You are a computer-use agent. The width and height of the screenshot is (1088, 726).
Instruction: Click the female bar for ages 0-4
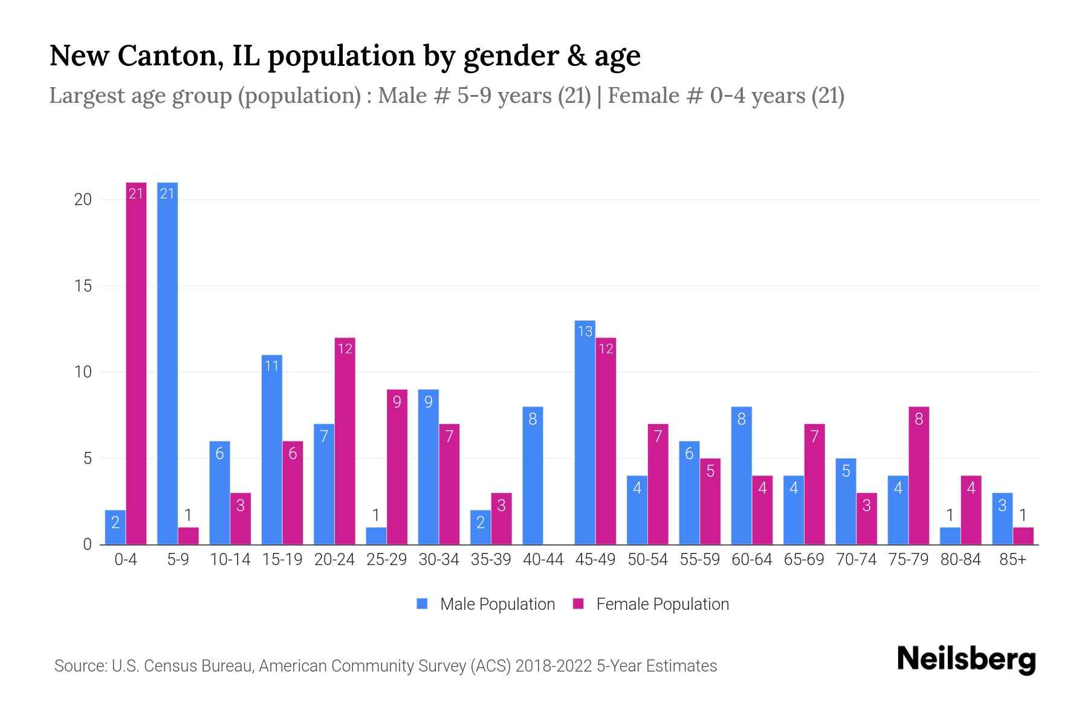[136, 363]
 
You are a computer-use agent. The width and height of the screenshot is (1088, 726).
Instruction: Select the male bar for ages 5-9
[167, 363]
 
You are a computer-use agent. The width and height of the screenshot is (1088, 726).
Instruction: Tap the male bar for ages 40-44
[533, 476]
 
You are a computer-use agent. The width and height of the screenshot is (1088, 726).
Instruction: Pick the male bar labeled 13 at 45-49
[584, 433]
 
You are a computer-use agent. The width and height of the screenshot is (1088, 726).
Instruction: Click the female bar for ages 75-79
[918, 476]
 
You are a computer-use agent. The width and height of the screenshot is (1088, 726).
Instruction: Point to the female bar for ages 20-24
[345, 441]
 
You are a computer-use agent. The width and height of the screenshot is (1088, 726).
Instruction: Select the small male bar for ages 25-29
[376, 536]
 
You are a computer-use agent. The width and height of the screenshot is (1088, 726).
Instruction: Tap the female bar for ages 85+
[1023, 536]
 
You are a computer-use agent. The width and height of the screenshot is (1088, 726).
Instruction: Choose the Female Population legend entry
[651, 604]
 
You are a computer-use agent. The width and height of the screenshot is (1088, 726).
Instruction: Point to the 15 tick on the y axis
[83, 286]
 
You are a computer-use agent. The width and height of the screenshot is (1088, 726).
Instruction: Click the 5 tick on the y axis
[87, 459]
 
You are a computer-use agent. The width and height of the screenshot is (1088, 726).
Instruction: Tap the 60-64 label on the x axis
[751, 560]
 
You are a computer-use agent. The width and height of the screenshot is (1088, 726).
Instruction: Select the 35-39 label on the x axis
[491, 560]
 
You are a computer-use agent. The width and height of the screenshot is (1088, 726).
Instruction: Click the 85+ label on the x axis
[1012, 560]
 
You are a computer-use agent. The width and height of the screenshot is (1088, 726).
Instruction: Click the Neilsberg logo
[966, 659]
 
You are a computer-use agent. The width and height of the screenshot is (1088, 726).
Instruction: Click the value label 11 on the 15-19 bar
[271, 365]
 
